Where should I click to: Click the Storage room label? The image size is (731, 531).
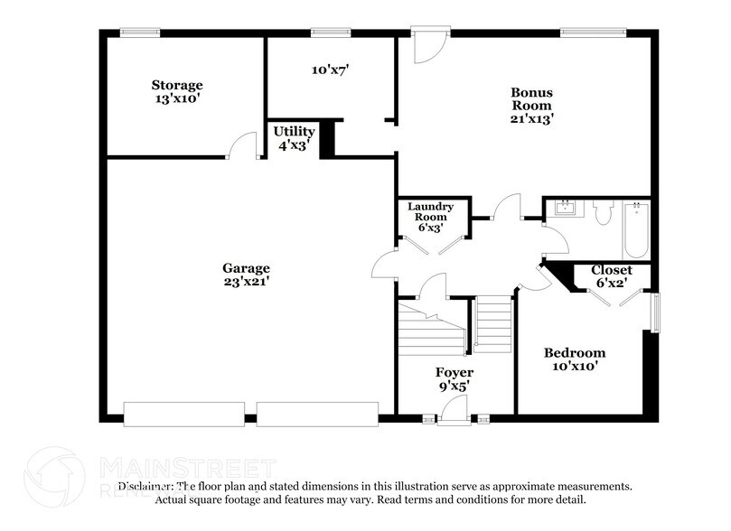click(175, 87)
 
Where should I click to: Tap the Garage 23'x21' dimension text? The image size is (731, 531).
click(247, 282)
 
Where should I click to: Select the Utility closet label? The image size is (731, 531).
click(294, 132)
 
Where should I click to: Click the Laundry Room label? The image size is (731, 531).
click(430, 209)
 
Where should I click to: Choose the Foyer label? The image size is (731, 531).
click(454, 372)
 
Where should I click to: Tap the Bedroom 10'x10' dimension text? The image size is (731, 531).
click(574, 367)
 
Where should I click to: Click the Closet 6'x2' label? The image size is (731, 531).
click(611, 270)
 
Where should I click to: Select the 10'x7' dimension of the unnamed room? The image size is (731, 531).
click(329, 69)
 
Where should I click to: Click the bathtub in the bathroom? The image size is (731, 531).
click(635, 229)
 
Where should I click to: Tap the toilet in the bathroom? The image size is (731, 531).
click(604, 212)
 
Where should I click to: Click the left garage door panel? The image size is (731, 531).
click(183, 414)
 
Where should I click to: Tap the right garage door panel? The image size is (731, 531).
click(316, 414)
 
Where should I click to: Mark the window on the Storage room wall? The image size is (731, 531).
click(141, 33)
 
